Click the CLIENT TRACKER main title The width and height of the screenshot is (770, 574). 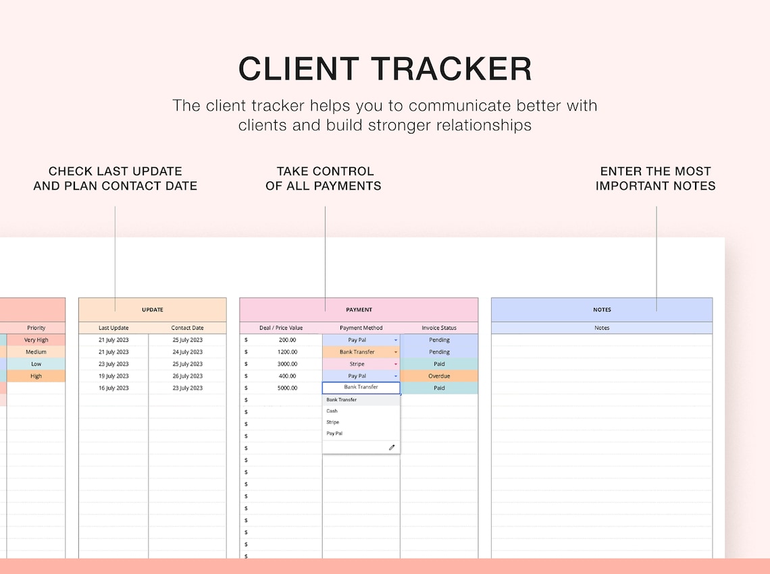pyautogui.click(x=385, y=69)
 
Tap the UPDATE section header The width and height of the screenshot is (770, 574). pyautogui.click(x=153, y=310)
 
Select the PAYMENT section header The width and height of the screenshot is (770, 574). pyautogui.click(x=359, y=310)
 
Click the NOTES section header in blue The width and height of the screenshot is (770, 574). pyautogui.click(x=602, y=310)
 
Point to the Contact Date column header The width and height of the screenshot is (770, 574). pyautogui.click(x=187, y=328)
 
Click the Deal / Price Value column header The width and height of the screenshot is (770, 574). pyautogui.click(x=281, y=328)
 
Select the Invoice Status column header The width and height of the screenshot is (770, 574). pyautogui.click(x=439, y=328)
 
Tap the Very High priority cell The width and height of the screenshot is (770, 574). pyautogui.click(x=36, y=340)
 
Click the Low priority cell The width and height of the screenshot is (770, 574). pyautogui.click(x=36, y=364)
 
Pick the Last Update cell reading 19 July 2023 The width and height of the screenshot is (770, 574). pyautogui.click(x=113, y=376)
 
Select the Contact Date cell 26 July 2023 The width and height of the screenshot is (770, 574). pyautogui.click(x=187, y=376)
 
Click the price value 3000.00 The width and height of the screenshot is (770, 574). pyautogui.click(x=287, y=364)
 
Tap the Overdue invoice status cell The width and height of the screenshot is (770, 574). pyautogui.click(x=439, y=376)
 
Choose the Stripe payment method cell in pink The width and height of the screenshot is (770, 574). pyautogui.click(x=357, y=364)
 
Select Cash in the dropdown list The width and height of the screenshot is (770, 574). pyautogui.click(x=332, y=411)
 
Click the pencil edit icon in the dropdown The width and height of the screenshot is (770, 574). pyautogui.click(x=391, y=447)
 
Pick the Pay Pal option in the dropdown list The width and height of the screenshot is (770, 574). pyautogui.click(x=334, y=434)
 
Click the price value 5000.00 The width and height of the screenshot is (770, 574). pyautogui.click(x=287, y=389)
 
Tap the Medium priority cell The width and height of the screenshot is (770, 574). pyautogui.click(x=36, y=352)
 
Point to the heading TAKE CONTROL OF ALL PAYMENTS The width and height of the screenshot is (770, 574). pyautogui.click(x=324, y=178)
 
